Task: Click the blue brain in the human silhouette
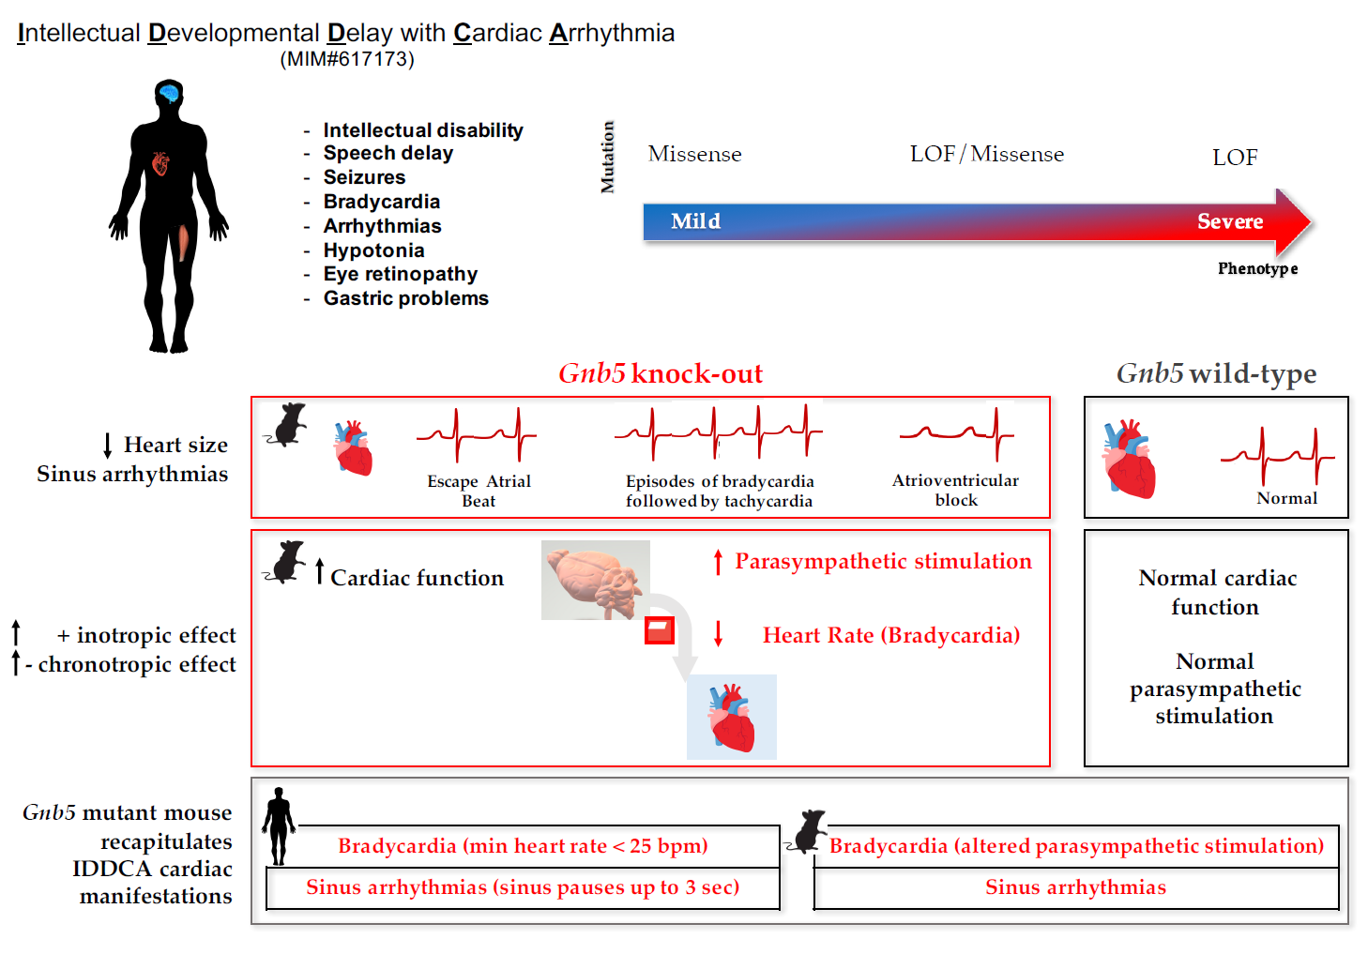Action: [x=169, y=93]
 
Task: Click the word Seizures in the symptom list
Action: [x=364, y=177]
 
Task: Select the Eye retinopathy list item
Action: [x=400, y=274]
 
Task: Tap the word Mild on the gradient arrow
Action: [x=695, y=221]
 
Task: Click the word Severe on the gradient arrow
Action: [x=1229, y=221]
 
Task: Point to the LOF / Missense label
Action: [x=986, y=154]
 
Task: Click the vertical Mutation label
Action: [x=608, y=158]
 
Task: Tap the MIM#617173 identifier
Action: [x=347, y=59]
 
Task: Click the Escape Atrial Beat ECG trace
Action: [x=477, y=434]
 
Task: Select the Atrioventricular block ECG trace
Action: [x=956, y=433]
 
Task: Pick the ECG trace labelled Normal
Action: [x=1277, y=455]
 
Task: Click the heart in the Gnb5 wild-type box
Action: [x=1129, y=459]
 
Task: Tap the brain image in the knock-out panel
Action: [x=595, y=580]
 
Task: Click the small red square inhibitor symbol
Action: [x=660, y=629]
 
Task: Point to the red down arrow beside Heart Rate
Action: [x=719, y=634]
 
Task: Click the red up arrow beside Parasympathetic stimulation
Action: [x=719, y=562]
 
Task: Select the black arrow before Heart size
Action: [x=108, y=446]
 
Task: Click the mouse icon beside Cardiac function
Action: [x=286, y=563]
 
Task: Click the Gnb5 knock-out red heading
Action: [x=661, y=373]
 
